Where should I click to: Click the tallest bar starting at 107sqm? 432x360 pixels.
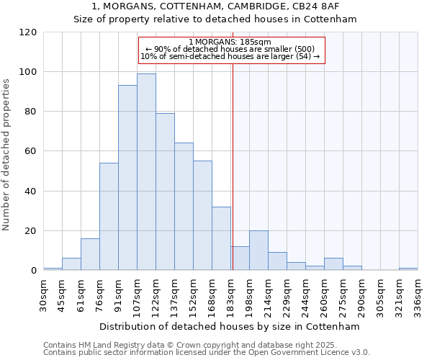[x=146, y=172]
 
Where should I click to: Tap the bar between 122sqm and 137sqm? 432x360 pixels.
[x=165, y=192]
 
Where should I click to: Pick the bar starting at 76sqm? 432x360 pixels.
[x=109, y=216]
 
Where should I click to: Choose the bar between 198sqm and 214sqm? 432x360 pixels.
[x=258, y=251]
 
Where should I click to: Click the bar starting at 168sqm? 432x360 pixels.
[x=221, y=238]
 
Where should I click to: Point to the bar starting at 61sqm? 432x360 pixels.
[x=90, y=254]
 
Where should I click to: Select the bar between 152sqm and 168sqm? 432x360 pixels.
[x=202, y=215]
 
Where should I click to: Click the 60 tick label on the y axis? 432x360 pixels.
[x=31, y=151]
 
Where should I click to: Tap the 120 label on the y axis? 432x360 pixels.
[x=28, y=32]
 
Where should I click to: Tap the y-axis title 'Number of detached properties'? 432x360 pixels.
[x=7, y=154]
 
